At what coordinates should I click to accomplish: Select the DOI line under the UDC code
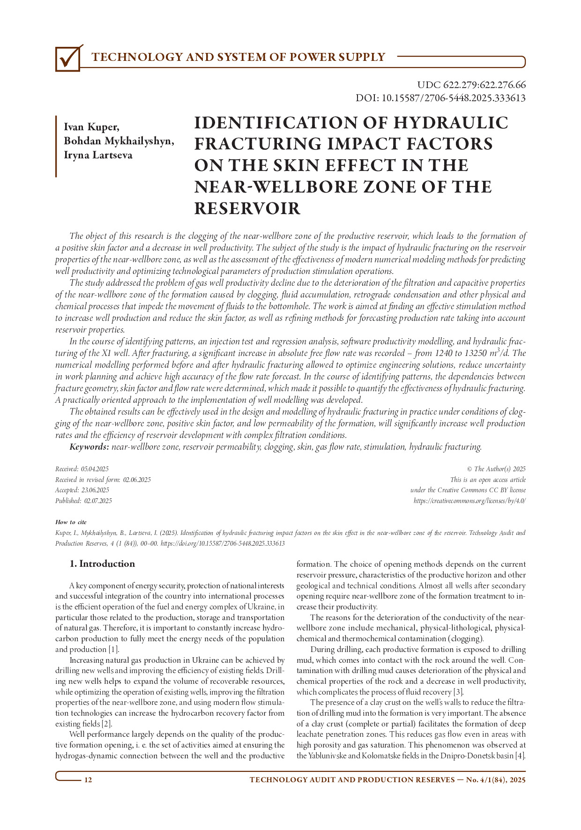440,98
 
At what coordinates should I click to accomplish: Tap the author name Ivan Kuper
91,127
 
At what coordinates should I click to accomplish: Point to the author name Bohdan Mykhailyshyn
119,141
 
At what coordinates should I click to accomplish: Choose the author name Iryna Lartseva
98,155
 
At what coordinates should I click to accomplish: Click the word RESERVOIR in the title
247,208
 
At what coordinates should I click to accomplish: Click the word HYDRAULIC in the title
450,123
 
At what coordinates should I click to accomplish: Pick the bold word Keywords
89,447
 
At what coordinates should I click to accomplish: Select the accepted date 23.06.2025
95,490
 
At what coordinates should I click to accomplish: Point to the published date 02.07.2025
98,501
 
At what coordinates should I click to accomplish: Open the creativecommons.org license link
469,501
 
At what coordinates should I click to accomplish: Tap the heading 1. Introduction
102,564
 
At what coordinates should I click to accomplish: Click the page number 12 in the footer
88,780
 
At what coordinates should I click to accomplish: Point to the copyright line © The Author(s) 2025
496,469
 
